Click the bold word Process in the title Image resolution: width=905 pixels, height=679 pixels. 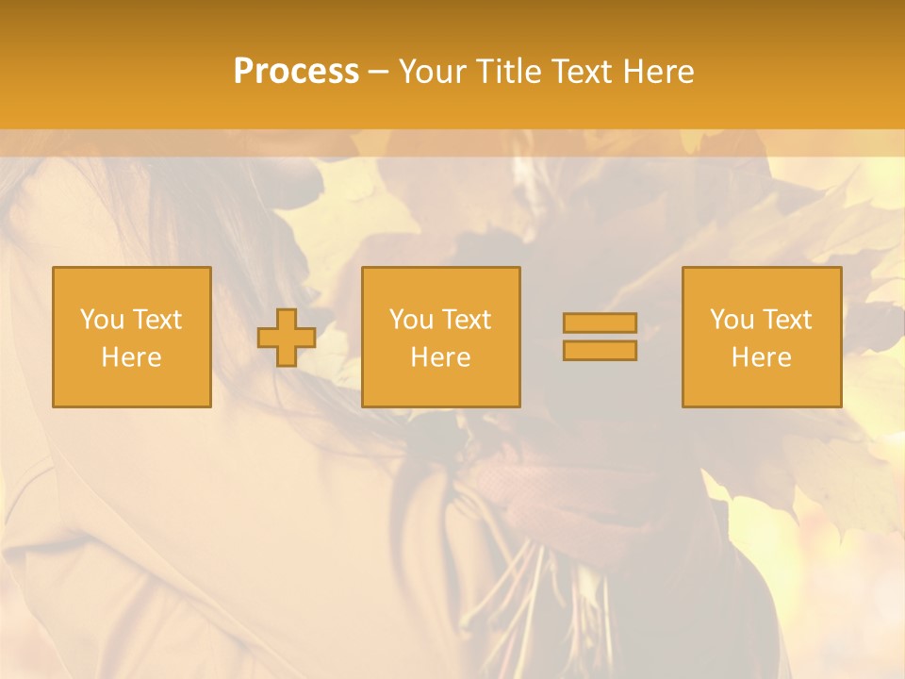click(x=296, y=72)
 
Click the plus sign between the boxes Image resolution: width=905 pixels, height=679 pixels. click(x=287, y=337)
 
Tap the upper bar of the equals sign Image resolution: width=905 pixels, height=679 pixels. click(x=600, y=323)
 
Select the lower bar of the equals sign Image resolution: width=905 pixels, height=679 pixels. click(x=600, y=350)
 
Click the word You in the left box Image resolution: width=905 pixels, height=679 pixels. click(x=100, y=320)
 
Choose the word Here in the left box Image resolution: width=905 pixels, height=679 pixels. click(x=131, y=357)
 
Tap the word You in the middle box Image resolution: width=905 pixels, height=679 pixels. click(x=410, y=320)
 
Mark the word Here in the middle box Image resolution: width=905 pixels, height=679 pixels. click(x=440, y=357)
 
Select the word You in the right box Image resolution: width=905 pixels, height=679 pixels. click(x=731, y=320)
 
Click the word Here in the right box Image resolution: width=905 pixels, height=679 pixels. click(x=761, y=357)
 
